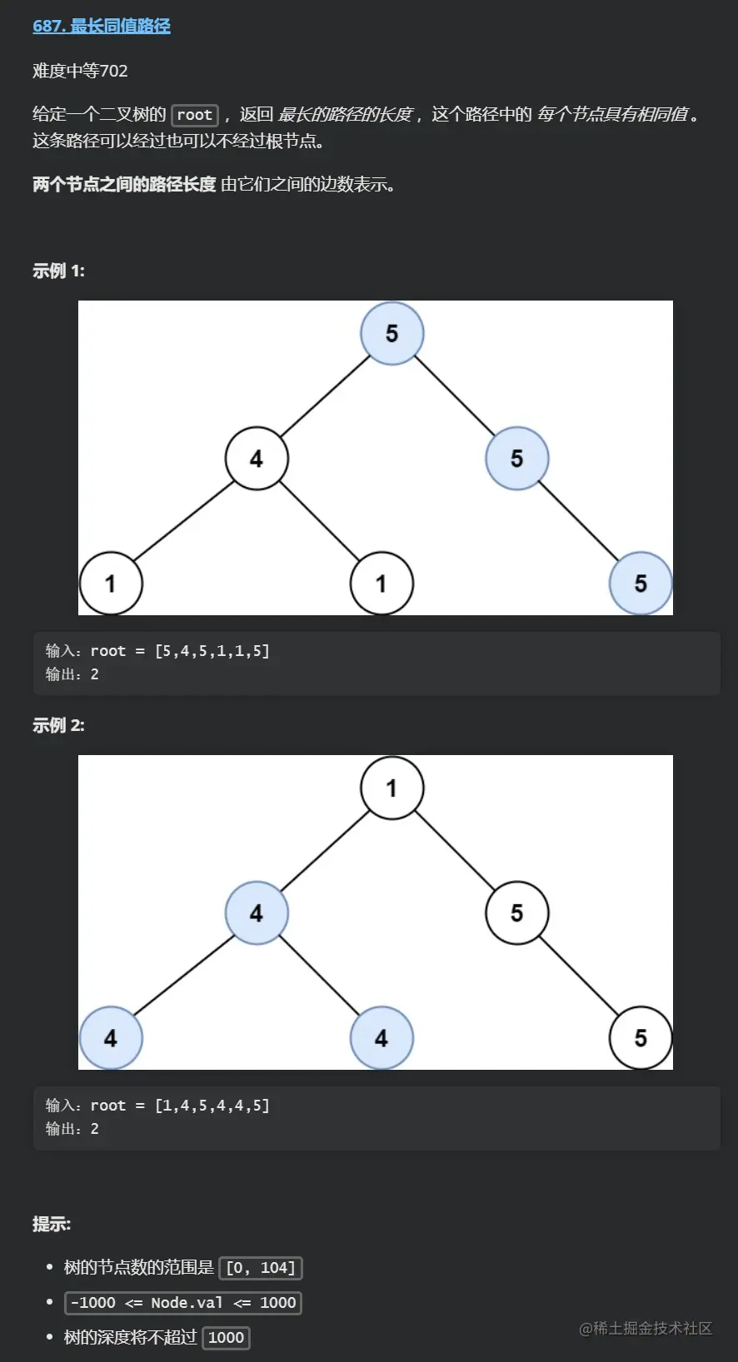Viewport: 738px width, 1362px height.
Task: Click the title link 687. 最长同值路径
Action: (x=101, y=26)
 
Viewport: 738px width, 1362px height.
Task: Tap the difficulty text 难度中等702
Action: (x=80, y=71)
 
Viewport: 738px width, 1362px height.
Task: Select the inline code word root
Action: (x=194, y=115)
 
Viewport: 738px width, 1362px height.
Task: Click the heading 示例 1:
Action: (x=58, y=271)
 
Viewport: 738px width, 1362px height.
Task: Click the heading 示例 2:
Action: (x=58, y=725)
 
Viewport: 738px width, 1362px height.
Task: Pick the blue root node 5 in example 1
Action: (x=391, y=333)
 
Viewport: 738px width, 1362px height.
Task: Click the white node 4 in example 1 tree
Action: (x=257, y=458)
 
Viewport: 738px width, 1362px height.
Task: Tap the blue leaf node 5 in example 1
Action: (x=640, y=583)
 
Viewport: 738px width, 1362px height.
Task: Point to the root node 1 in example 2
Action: (x=391, y=788)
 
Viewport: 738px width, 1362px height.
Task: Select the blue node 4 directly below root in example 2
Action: (x=257, y=913)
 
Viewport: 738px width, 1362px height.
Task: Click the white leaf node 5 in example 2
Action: (x=640, y=1037)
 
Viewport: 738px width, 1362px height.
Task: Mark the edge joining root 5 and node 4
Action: (x=325, y=395)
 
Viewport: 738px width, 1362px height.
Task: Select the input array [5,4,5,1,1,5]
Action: (x=212, y=651)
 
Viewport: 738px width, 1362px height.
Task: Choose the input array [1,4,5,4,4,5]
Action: (x=212, y=1106)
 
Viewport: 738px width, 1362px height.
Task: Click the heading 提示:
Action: (x=52, y=1224)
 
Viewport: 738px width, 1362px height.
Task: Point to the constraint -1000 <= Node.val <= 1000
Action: (x=183, y=1303)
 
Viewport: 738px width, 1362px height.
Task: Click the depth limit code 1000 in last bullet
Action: (x=226, y=1338)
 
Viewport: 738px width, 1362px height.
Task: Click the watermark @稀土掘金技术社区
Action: (x=646, y=1328)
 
